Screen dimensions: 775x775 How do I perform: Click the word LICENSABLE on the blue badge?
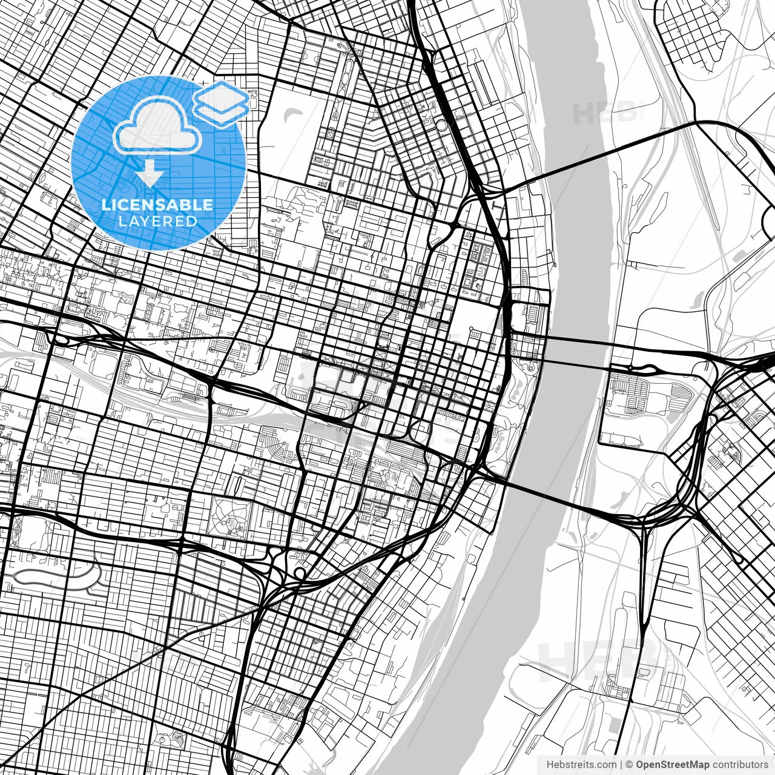click(157, 205)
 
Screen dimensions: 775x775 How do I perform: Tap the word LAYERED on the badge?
click(157, 221)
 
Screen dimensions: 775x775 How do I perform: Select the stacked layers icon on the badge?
click(220, 103)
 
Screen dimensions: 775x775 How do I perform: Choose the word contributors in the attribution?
click(739, 765)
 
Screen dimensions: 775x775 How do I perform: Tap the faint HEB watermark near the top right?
click(605, 112)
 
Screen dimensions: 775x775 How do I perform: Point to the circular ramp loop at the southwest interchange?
click(299, 573)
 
